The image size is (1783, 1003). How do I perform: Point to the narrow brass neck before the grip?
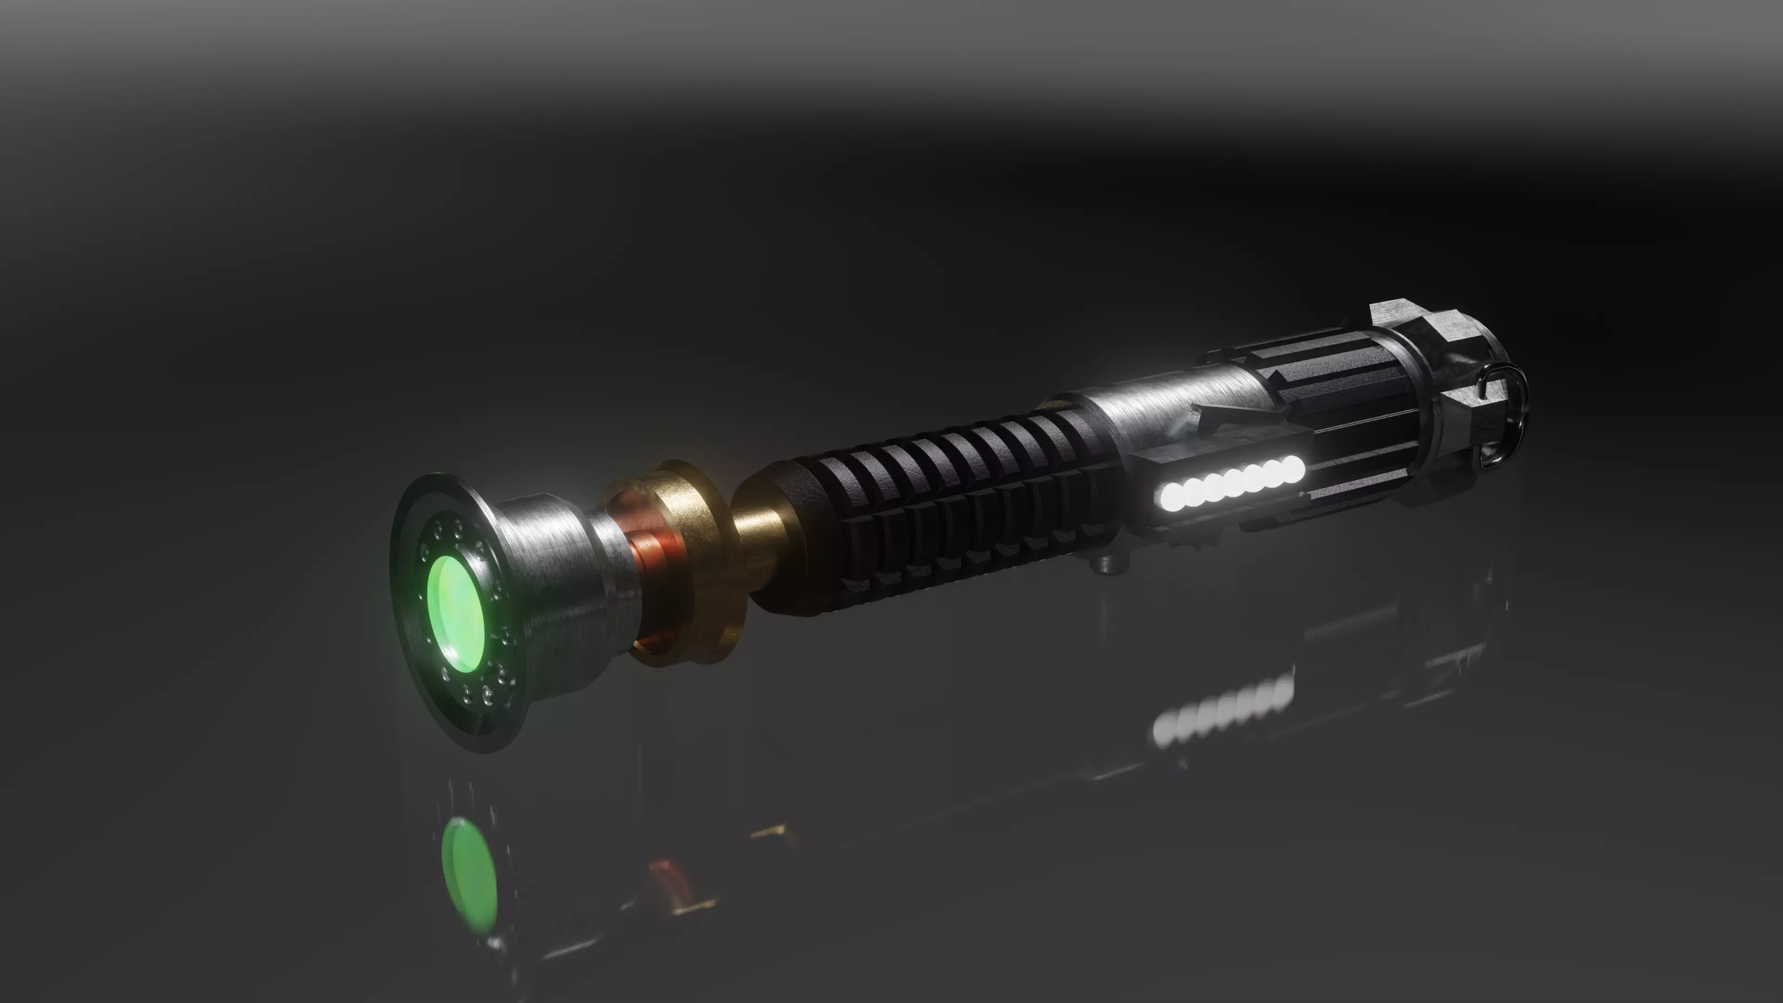tap(755, 547)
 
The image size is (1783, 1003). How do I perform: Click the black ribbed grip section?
tap(955, 484)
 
